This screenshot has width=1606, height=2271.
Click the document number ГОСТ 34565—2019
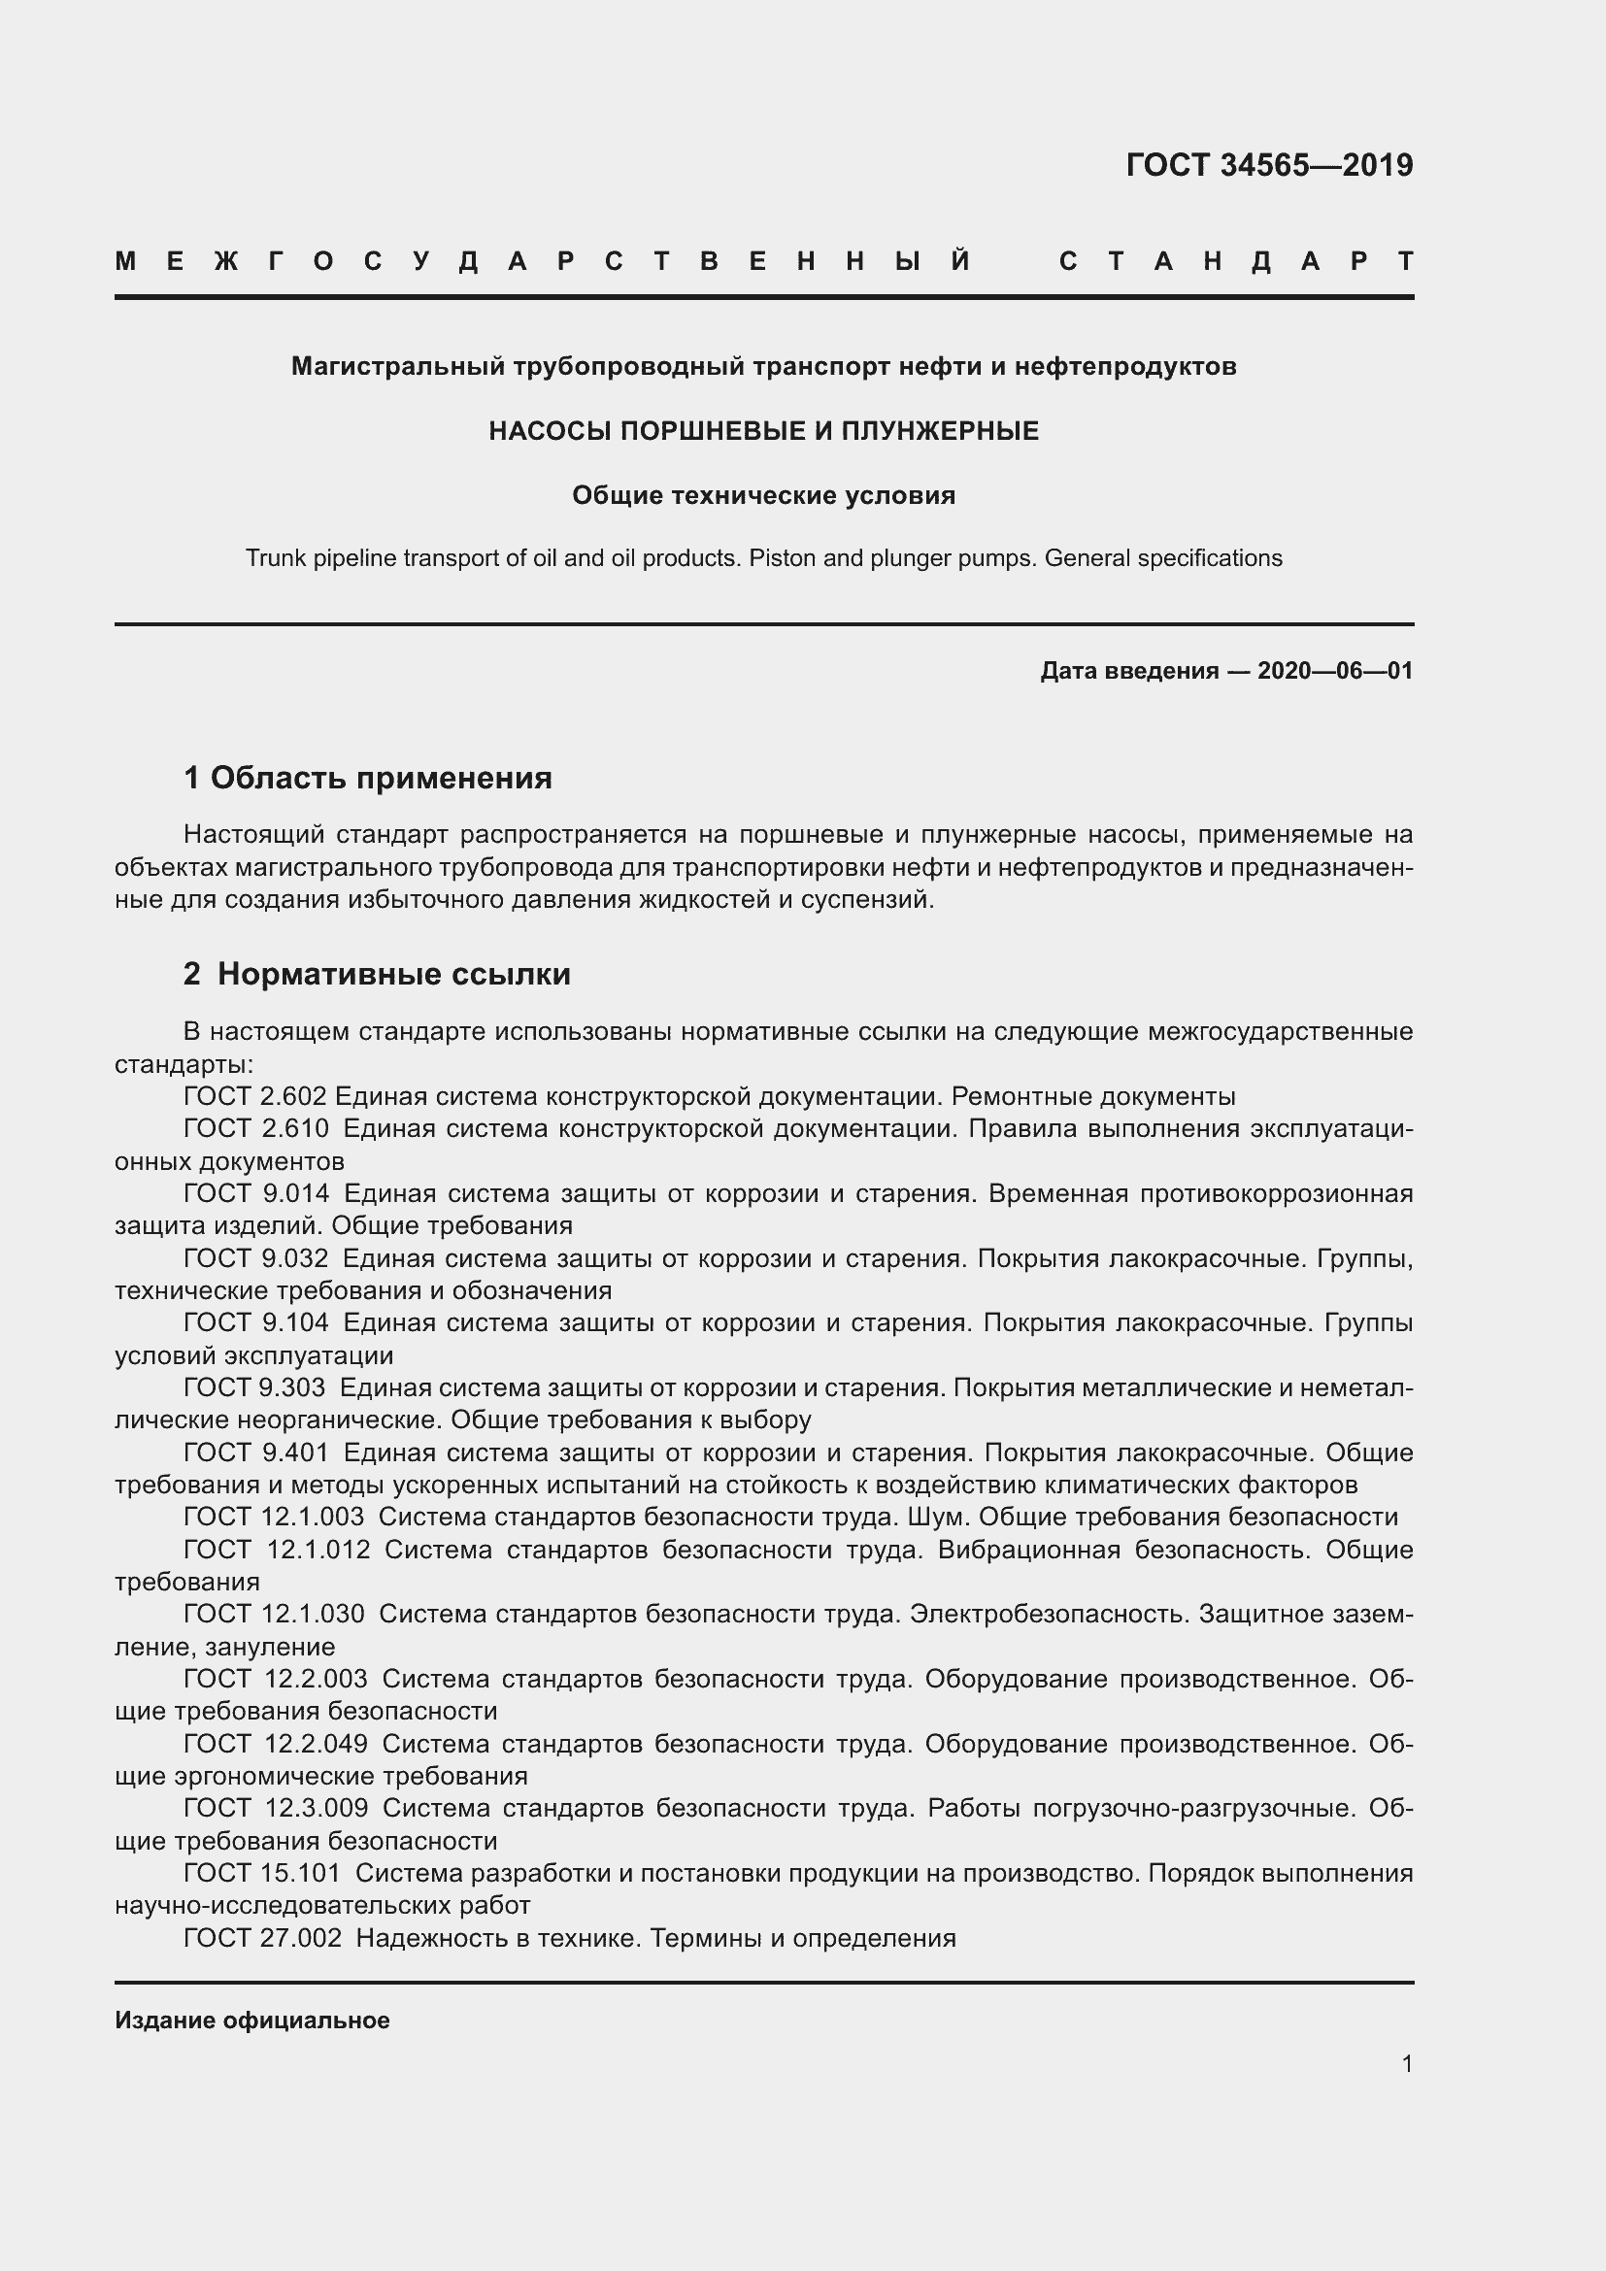(1269, 165)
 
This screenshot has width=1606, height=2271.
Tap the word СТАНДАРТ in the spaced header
(1236, 261)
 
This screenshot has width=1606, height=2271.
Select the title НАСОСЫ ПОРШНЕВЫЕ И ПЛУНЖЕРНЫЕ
(763, 431)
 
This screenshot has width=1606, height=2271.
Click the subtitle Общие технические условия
(763, 495)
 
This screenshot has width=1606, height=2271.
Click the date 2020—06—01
(1334, 672)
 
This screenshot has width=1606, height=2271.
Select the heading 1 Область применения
(368, 778)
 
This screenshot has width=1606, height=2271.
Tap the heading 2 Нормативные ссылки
(377, 974)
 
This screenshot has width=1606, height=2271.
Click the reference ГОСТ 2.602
(255, 1097)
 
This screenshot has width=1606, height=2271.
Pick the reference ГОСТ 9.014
(256, 1194)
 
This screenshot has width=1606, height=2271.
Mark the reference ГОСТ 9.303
(256, 1387)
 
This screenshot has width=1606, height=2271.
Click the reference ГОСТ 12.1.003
(274, 1518)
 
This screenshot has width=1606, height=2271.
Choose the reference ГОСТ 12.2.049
(275, 1744)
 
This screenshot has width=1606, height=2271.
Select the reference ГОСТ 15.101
(262, 1873)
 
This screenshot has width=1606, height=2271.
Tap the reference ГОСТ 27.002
(262, 1938)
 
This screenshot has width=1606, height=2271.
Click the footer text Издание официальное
(252, 2021)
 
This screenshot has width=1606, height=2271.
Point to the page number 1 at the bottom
(1406, 2064)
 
